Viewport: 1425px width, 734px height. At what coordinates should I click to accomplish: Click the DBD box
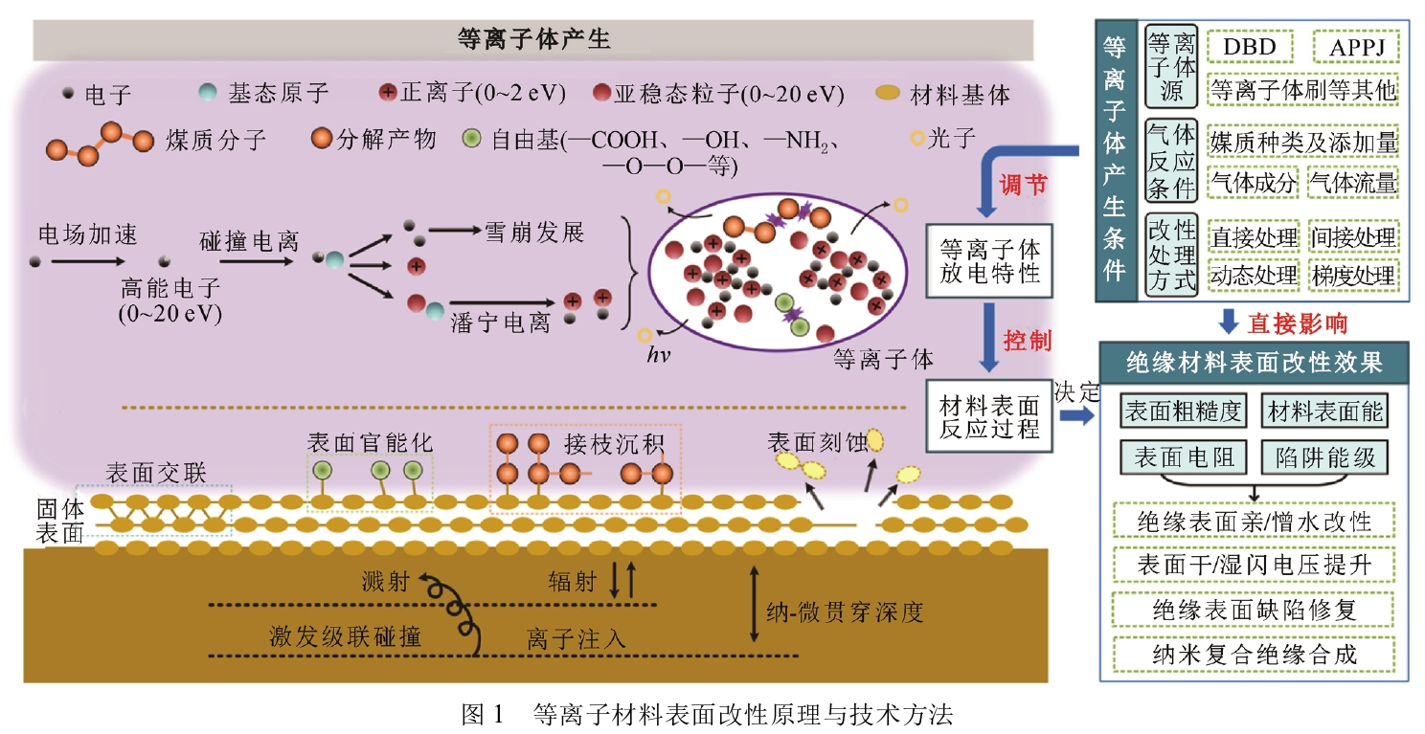tap(1250, 45)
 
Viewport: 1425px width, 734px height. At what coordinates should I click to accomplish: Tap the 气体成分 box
tap(1254, 181)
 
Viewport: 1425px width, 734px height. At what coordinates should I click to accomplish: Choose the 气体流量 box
tap(1353, 181)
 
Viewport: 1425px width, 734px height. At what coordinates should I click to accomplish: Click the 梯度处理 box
tap(1353, 276)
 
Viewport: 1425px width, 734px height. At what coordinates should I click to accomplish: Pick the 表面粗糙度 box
tap(1183, 411)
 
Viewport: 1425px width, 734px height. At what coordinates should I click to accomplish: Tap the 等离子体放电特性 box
tap(989, 260)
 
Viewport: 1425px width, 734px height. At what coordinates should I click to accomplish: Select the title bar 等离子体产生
tap(533, 40)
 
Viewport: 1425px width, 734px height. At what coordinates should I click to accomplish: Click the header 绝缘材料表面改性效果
tap(1255, 363)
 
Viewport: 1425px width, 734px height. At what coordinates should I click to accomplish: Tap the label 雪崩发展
tap(533, 233)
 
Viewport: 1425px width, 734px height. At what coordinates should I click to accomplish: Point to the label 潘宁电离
tap(500, 323)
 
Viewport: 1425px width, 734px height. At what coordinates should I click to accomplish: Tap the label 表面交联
tap(155, 473)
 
